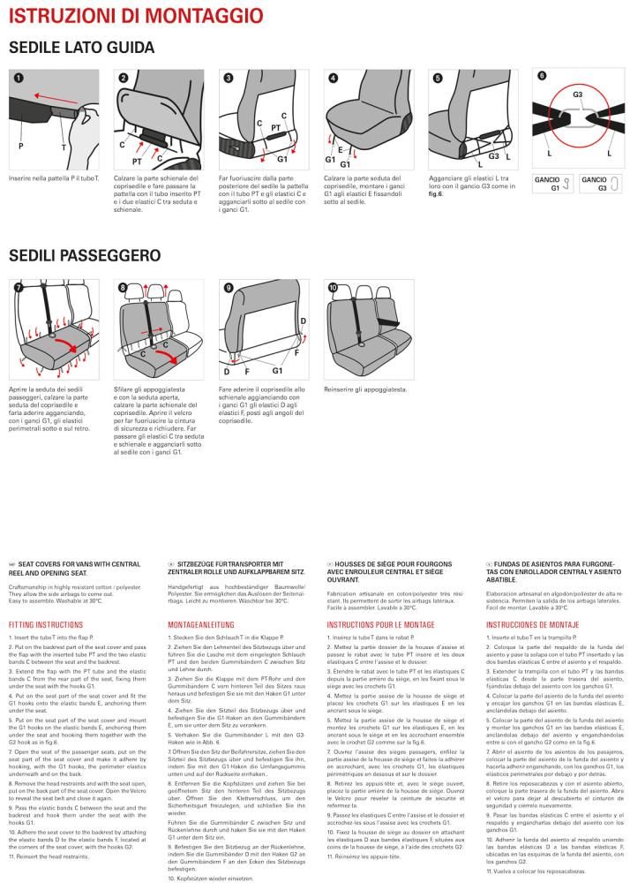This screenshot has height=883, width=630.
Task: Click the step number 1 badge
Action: click(17, 79)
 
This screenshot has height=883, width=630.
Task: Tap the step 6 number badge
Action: click(542, 77)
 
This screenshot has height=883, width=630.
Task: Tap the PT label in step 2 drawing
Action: click(137, 162)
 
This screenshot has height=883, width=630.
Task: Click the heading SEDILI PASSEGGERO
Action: click(84, 254)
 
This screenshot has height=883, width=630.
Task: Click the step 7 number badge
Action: click(17, 288)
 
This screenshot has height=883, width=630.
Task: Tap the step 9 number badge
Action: click(229, 288)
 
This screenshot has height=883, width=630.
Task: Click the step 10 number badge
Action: click(333, 288)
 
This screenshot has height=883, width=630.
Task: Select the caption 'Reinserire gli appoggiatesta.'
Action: click(365, 389)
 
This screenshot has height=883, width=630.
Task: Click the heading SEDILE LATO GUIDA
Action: click(81, 47)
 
